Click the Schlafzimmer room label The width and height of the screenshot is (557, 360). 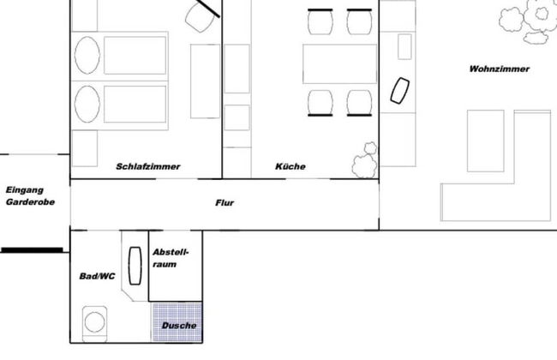148,166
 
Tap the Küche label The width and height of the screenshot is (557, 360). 290,166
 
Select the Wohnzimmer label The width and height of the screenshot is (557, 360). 500,69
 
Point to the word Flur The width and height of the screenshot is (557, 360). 225,203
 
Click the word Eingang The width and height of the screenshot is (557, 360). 24,190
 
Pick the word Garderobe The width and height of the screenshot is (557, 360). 30,203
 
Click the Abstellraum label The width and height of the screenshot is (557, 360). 170,258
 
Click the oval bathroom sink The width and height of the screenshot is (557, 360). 135,266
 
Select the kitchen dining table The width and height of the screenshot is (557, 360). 339,64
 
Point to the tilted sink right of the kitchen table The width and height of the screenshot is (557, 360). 399,90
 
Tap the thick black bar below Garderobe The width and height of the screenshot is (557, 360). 32,250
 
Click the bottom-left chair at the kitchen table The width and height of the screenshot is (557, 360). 320,101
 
